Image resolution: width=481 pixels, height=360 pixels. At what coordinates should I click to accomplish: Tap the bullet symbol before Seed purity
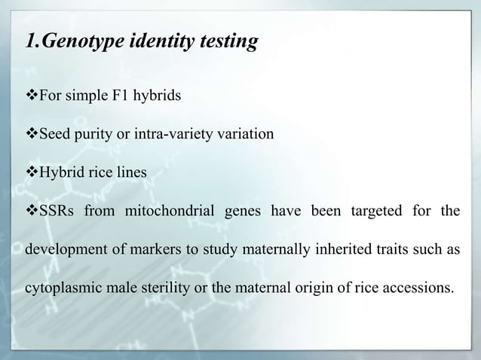coord(32,134)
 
